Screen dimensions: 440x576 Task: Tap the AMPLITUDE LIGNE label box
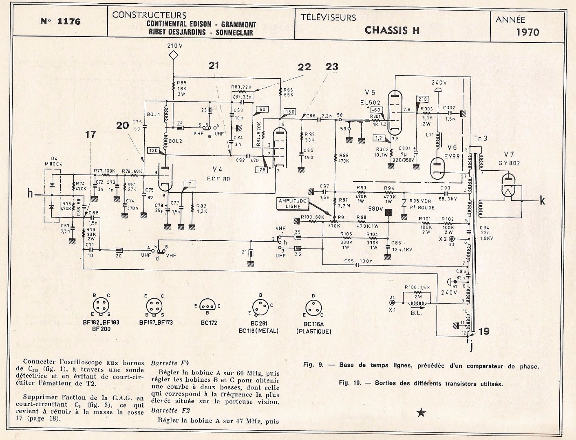click(x=293, y=204)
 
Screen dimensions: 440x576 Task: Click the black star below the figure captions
click(x=421, y=413)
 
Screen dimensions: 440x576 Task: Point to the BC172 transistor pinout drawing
click(x=208, y=306)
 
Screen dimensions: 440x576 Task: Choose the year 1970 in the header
click(x=527, y=32)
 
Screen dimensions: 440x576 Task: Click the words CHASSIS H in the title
click(x=392, y=30)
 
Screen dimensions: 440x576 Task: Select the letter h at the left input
click(x=30, y=194)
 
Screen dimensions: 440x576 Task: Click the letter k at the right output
click(x=542, y=200)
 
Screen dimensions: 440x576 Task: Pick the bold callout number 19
click(x=485, y=331)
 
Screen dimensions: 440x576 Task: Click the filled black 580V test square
click(x=388, y=212)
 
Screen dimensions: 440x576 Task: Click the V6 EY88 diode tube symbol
click(x=439, y=167)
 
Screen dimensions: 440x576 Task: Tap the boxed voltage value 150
click(x=290, y=112)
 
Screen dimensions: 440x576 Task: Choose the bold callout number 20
click(x=122, y=125)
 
